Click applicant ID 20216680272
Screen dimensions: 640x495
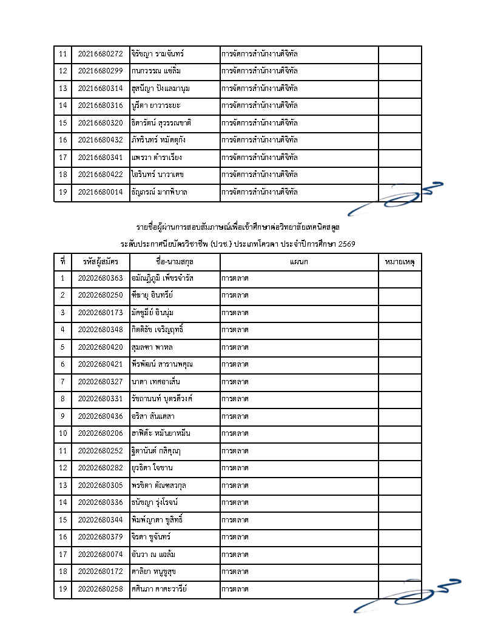[100, 55]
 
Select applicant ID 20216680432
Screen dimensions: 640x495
[100, 140]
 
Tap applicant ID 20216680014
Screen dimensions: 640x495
[100, 192]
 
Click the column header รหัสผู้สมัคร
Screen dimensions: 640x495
[100, 262]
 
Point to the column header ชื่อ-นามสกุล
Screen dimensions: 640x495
[175, 262]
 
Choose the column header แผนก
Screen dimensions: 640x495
[298, 262]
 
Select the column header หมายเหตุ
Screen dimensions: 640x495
[400, 262]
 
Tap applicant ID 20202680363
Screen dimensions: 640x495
[100, 279]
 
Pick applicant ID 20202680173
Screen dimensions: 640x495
[100, 313]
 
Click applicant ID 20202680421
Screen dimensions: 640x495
[100, 364]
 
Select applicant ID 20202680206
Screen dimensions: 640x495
[100, 433]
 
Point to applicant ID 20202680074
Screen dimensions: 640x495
[100, 554]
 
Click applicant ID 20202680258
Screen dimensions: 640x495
[100, 588]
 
